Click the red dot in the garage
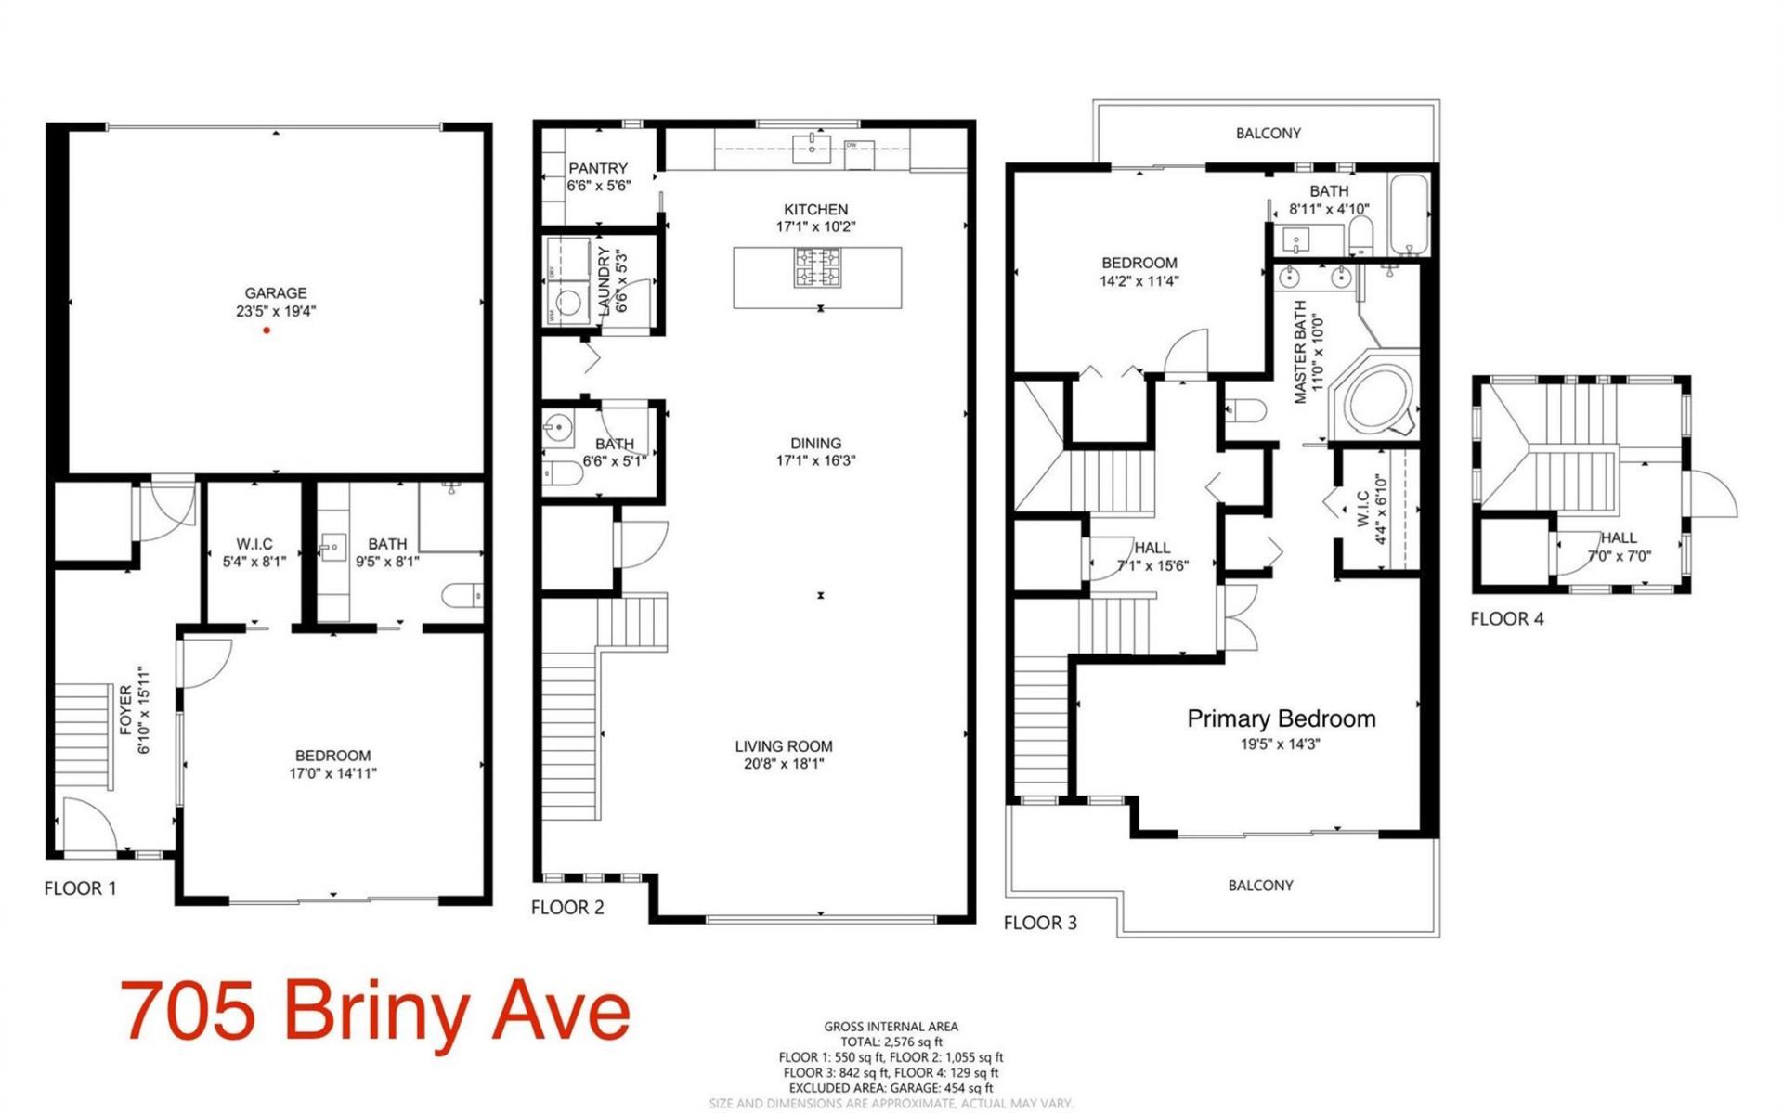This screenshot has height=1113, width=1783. tap(267, 330)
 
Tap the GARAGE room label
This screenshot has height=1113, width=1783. tap(276, 293)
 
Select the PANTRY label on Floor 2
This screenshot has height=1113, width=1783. tap(598, 168)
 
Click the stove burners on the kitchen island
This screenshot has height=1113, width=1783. tap(817, 268)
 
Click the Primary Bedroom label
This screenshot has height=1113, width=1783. tap(1282, 718)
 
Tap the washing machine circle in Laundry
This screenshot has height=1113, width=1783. tap(566, 301)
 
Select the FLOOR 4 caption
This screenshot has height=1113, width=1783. tap(1506, 619)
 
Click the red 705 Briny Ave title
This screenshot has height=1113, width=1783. tap(376, 1013)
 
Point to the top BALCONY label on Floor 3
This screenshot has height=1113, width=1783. tap(1268, 134)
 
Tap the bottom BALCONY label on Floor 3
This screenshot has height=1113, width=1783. tap(1260, 886)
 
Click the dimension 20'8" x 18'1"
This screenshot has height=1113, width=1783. tap(784, 764)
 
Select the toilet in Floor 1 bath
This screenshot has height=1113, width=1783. tap(462, 595)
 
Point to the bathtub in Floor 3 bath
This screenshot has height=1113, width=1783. tap(1409, 214)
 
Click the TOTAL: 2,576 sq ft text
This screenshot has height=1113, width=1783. tap(891, 1042)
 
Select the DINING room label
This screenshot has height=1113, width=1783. tap(815, 444)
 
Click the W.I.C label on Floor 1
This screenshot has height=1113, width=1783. tap(254, 544)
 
